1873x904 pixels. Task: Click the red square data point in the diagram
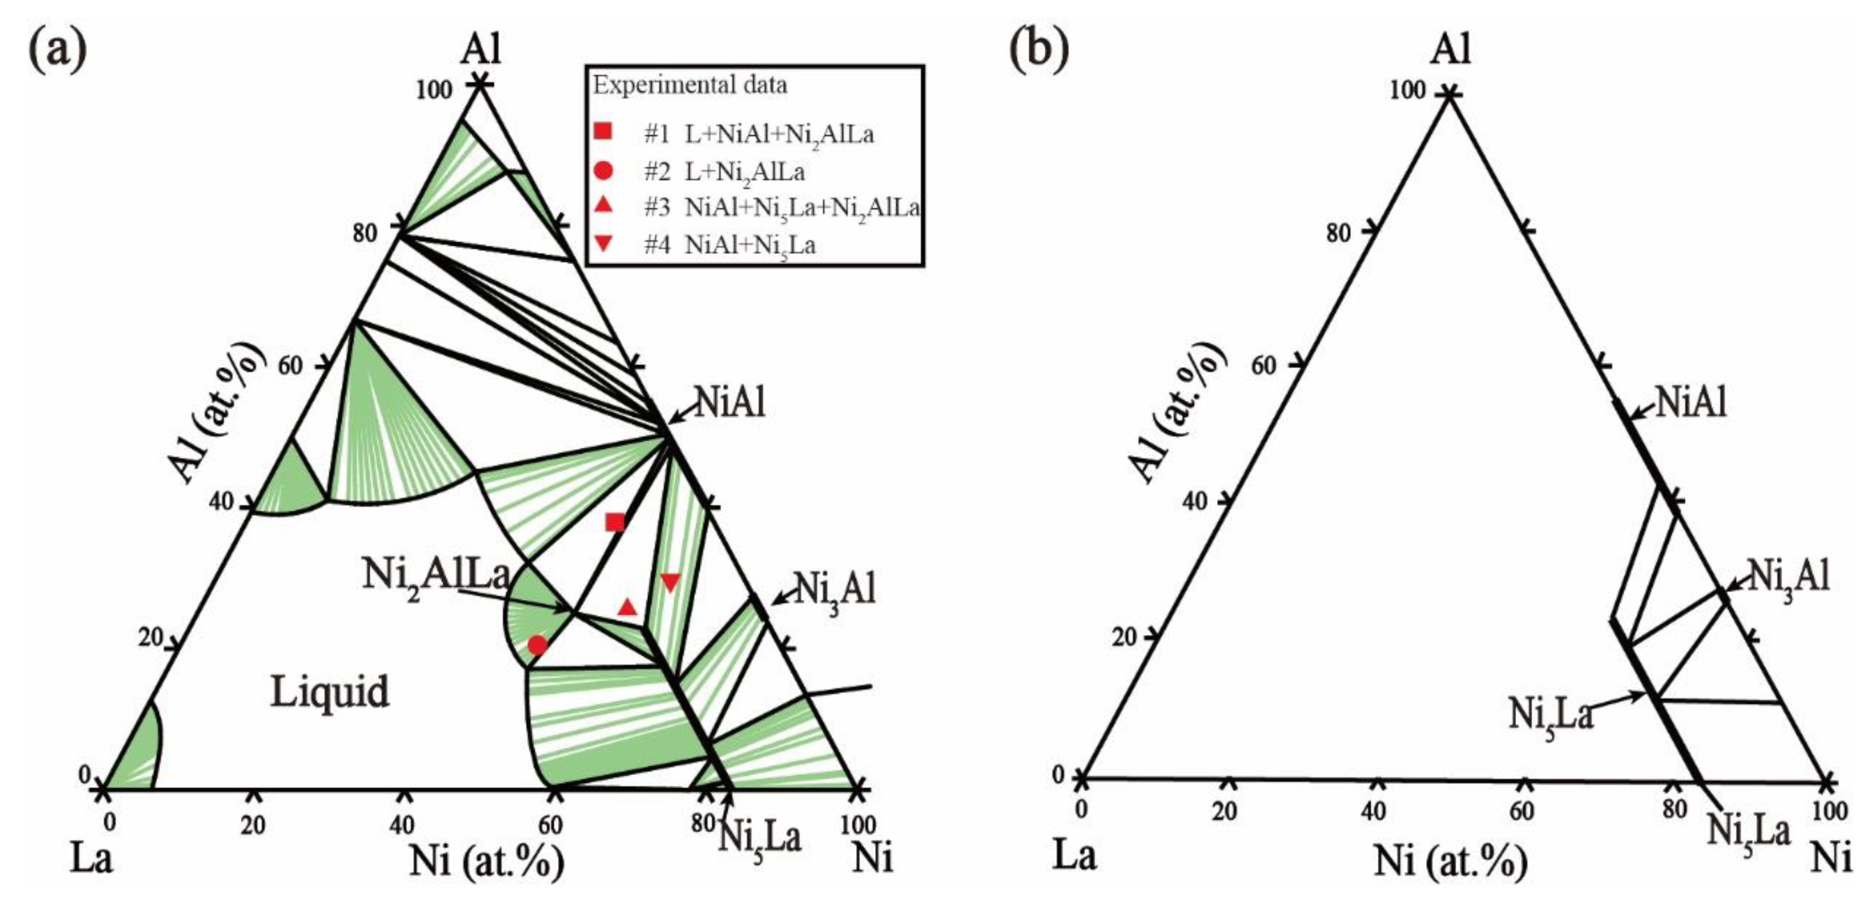615,522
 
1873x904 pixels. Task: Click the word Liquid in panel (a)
330,691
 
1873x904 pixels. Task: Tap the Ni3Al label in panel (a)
834,589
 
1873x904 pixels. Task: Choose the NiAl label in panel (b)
1691,402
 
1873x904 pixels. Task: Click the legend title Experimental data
689,86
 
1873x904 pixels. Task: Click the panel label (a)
57,49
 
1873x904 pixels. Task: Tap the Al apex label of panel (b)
1451,49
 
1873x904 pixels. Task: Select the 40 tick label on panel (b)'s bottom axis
1373,812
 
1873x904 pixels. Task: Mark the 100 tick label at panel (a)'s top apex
434,91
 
